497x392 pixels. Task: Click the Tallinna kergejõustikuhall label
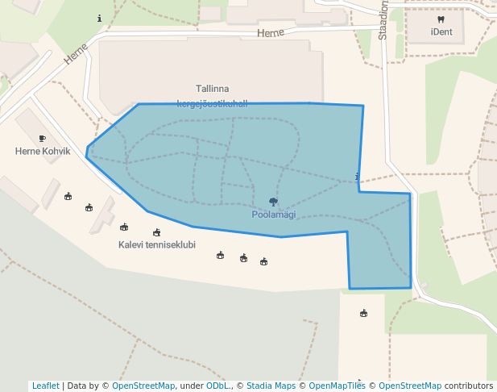[213, 95]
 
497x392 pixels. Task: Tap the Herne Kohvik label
[43, 151]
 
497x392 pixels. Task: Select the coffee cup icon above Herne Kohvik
[43, 139]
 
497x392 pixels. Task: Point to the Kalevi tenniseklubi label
[157, 244]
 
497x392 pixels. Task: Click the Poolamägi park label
[273, 215]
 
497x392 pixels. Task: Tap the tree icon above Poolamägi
[273, 202]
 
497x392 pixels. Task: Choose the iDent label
[441, 32]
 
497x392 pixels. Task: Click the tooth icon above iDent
[441, 19]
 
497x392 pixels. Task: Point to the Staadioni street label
[383, 19]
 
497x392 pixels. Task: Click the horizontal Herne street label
[271, 33]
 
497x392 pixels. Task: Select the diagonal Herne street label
[76, 53]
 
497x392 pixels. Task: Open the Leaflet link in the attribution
[45, 386]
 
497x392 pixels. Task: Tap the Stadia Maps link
[271, 386]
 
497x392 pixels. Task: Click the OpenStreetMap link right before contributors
[410, 386]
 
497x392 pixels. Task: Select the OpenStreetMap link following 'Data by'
[143, 386]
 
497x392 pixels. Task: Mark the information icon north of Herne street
[99, 18]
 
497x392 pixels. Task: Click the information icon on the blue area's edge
[357, 177]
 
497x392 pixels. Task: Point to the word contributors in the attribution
[469, 386]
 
